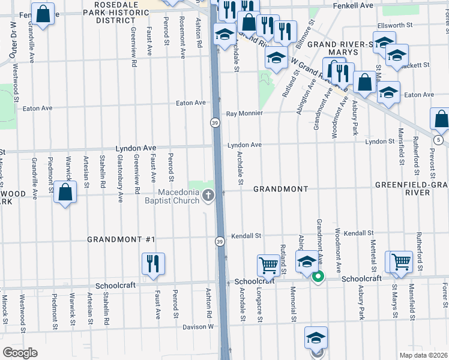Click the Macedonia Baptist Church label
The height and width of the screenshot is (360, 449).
(x=178, y=196)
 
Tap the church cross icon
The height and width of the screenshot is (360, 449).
(x=208, y=195)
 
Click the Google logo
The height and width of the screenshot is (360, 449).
(x=20, y=353)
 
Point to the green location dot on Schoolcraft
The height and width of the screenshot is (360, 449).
(x=319, y=277)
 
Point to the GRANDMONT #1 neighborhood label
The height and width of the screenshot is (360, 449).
(x=121, y=239)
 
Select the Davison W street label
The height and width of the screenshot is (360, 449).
(x=198, y=327)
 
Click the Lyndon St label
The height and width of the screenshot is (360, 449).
(x=379, y=142)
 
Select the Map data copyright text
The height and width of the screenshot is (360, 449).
(x=424, y=355)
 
